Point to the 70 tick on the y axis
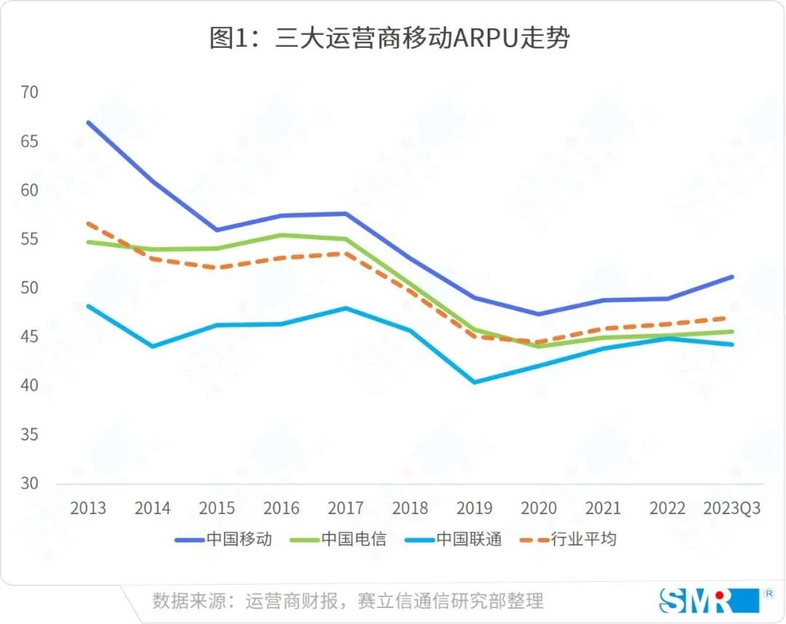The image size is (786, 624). tap(30, 92)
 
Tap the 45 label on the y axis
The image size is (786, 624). tap(30, 337)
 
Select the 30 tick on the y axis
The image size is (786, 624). tap(30, 483)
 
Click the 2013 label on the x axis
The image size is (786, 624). tap(87, 508)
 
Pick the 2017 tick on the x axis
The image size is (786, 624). tap(346, 508)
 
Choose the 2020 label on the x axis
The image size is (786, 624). tap(539, 508)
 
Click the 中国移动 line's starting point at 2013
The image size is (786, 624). tap(88, 122)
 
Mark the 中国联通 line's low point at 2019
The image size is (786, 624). tap(475, 382)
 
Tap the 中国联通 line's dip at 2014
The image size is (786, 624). tap(152, 346)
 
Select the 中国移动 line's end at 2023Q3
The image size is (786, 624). tap(732, 276)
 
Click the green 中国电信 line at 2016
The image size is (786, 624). tap(281, 235)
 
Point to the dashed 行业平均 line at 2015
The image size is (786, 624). tap(217, 268)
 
